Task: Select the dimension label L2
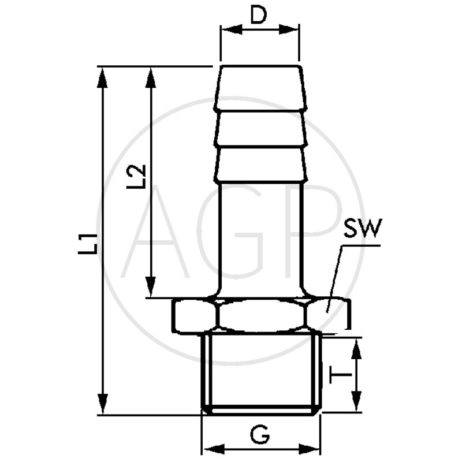136,177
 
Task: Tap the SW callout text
362,229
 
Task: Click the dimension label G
260,433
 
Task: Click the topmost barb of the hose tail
259,87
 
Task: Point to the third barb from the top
259,163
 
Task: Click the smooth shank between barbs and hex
260,237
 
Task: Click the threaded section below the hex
261,372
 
